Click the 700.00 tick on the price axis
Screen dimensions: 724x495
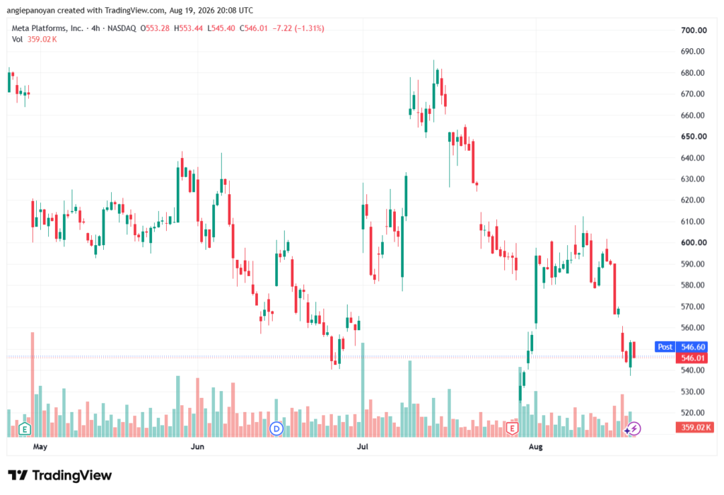pyautogui.click(x=694, y=30)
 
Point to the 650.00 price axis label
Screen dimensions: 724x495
pyautogui.click(x=694, y=137)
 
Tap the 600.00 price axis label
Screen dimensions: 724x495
pyautogui.click(x=694, y=242)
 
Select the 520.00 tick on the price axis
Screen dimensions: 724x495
pyautogui.click(x=693, y=413)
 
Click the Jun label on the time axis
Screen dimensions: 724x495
pyautogui.click(x=197, y=446)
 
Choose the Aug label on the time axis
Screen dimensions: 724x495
pyautogui.click(x=536, y=446)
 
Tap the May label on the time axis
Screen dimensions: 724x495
pyautogui.click(x=40, y=446)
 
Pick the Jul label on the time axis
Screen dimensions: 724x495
pyautogui.click(x=363, y=446)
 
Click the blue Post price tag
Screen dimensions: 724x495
pyautogui.click(x=665, y=346)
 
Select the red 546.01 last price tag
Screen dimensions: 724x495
pyautogui.click(x=693, y=358)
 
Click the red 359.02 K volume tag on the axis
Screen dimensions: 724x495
pyautogui.click(x=695, y=427)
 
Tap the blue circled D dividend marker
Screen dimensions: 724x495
pyautogui.click(x=276, y=429)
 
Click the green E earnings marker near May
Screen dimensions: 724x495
pyautogui.click(x=25, y=429)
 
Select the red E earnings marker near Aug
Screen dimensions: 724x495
pyautogui.click(x=512, y=428)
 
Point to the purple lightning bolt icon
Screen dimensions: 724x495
pyautogui.click(x=634, y=429)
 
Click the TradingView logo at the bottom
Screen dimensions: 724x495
pyautogui.click(x=60, y=476)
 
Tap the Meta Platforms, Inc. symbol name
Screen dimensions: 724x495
pyautogui.click(x=47, y=28)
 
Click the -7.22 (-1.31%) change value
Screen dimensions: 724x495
pyautogui.click(x=298, y=28)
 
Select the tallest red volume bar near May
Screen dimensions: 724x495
pyautogui.click(x=33, y=385)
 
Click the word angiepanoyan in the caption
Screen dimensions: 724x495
pyautogui.click(x=30, y=10)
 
